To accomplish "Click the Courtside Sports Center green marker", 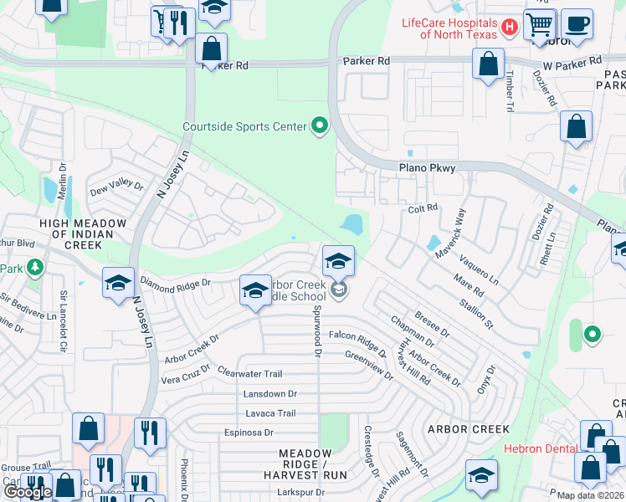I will click(318, 127).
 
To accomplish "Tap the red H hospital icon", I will click(507, 28).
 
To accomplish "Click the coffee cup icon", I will click(576, 24).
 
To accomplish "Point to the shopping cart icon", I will click(540, 24).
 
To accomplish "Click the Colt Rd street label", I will click(423, 207).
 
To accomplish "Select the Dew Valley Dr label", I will click(116, 186).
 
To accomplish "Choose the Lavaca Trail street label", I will click(270, 413).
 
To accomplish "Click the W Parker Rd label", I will click(572, 63).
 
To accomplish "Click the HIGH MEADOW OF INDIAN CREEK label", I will click(83, 234).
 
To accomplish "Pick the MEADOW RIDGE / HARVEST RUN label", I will click(312, 464).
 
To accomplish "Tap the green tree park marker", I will click(34, 268).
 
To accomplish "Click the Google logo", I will click(27, 492).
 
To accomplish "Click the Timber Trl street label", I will click(509, 90).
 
